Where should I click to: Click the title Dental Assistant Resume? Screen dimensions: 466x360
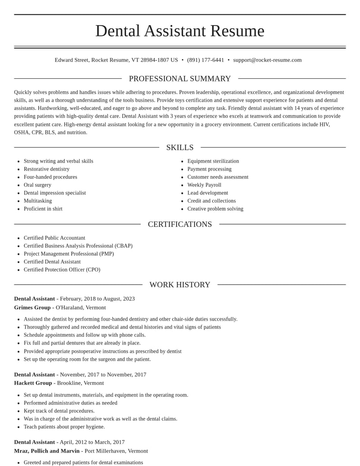pos(180,31)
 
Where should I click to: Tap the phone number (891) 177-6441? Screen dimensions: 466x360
pos(205,60)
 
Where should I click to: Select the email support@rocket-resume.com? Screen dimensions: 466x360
pos(267,60)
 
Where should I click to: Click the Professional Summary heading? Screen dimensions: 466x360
pos(180,79)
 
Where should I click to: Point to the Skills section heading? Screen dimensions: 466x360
pos(180,148)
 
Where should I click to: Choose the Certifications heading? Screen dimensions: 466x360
pos(180,224)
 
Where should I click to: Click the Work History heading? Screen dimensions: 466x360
pos(180,285)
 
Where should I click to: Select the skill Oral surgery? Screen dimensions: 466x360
pos(37,185)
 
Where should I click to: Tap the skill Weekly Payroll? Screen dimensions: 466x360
pos(204,185)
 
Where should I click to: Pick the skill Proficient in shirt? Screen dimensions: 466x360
pos(43,209)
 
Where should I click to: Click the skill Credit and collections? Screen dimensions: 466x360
pos(211,201)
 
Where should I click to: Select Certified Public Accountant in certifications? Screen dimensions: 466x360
pos(54,238)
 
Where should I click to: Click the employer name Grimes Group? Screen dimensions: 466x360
pos(32,308)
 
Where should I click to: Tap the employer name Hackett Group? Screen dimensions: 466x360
pos(33,383)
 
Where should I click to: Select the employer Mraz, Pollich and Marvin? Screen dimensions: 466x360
pos(47,451)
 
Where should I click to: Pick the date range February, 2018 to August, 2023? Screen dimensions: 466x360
pos(97,299)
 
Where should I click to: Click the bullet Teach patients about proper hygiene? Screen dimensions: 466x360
pos(64,427)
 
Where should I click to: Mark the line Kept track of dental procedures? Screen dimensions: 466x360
pos(59,411)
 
